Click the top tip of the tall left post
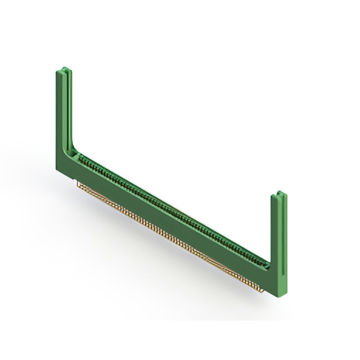[x=64, y=70]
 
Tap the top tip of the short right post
[x=279, y=194]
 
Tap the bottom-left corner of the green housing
[x=58, y=169]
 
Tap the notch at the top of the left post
[x=64, y=71]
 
